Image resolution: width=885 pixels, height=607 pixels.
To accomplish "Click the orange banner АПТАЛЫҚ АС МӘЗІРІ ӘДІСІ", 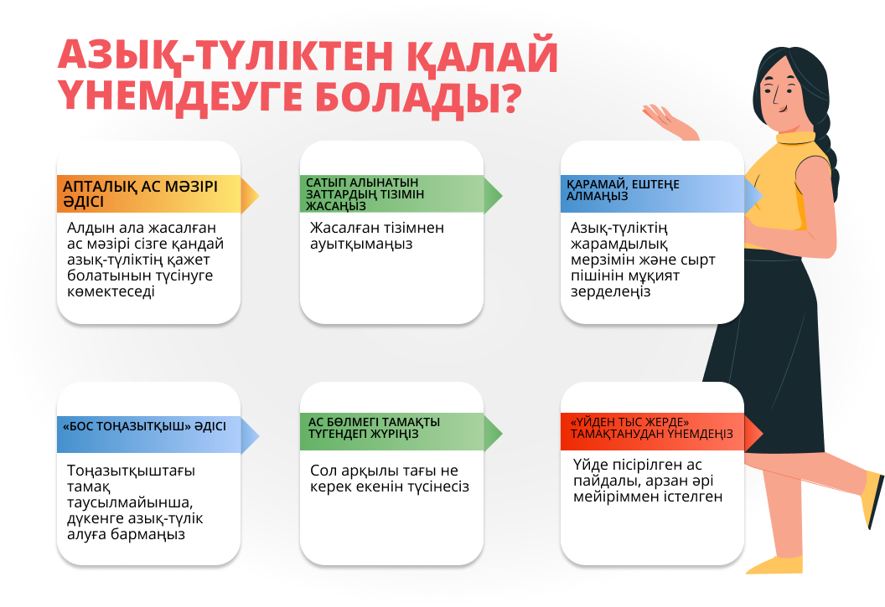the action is [x=158, y=194].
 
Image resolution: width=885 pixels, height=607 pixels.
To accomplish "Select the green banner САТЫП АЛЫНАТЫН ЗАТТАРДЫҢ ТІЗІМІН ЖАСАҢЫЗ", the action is [x=401, y=194].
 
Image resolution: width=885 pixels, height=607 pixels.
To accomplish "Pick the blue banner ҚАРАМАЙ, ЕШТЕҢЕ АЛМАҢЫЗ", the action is [x=661, y=194].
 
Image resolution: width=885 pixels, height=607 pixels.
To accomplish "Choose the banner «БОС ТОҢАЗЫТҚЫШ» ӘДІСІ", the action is [x=158, y=435].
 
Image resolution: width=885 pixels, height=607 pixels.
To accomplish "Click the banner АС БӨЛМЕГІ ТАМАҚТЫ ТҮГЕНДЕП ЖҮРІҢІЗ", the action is [x=401, y=432].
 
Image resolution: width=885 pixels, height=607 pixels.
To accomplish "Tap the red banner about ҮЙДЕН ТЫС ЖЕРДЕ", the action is [x=661, y=432].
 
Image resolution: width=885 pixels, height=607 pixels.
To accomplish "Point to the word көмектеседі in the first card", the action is [x=111, y=291].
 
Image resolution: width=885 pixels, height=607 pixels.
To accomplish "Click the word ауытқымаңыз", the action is [x=361, y=244].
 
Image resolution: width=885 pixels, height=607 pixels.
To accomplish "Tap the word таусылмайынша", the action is [x=131, y=502].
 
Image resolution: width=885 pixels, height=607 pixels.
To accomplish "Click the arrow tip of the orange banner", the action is [x=259, y=196].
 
